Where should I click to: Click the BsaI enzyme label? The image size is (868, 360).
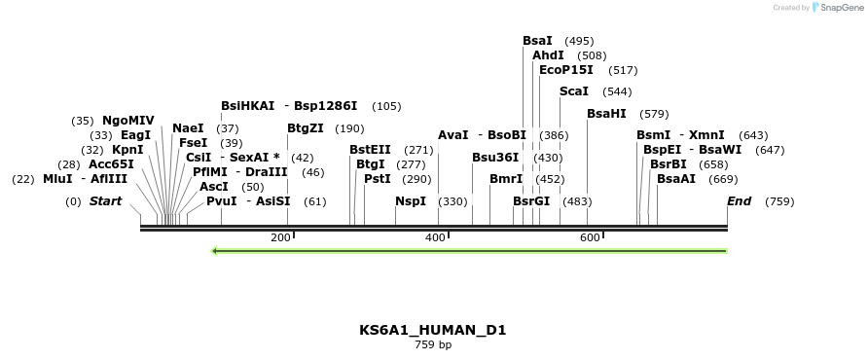click(x=537, y=41)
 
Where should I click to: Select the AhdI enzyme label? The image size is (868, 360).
click(x=548, y=55)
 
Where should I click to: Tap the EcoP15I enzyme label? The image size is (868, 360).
click(x=566, y=70)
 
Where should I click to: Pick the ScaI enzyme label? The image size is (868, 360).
click(x=574, y=91)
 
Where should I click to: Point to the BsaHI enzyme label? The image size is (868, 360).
click(x=606, y=114)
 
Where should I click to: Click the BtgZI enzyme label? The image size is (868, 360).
click(x=306, y=128)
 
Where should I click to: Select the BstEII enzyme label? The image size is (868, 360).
click(x=370, y=150)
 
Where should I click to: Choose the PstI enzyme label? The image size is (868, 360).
click(x=377, y=179)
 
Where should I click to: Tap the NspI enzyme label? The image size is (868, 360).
click(x=411, y=201)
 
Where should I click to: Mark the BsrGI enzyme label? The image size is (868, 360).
click(x=531, y=201)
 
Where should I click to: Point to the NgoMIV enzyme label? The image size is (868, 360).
click(x=128, y=121)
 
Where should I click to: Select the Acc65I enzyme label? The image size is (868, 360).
click(x=111, y=164)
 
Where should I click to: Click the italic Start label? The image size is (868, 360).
click(x=105, y=201)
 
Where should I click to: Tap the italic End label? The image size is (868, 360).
click(x=739, y=201)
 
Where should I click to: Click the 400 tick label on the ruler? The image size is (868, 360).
click(x=434, y=237)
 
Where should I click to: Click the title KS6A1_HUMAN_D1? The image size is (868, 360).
click(x=433, y=330)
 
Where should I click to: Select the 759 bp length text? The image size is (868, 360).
click(x=433, y=344)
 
